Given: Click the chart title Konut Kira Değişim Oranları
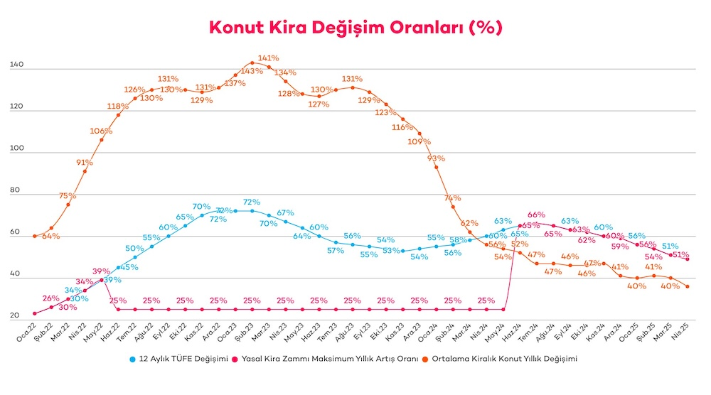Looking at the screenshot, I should (355, 28).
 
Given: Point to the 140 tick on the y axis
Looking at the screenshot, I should (18, 65).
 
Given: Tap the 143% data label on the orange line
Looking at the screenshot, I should (252, 71).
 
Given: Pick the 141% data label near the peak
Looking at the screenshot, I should (269, 58).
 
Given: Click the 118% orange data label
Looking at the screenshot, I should (118, 106).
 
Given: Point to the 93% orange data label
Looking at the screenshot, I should (436, 158).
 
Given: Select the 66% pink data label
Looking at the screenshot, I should (536, 215).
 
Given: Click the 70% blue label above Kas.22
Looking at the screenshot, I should (201, 207).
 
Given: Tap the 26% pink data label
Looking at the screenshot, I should (50, 298).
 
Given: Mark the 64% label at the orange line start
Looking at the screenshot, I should (50, 236).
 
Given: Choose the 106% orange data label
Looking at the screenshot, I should (101, 131).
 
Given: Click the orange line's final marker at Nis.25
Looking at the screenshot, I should (688, 286).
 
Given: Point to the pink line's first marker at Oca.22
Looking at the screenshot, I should (34, 313).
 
